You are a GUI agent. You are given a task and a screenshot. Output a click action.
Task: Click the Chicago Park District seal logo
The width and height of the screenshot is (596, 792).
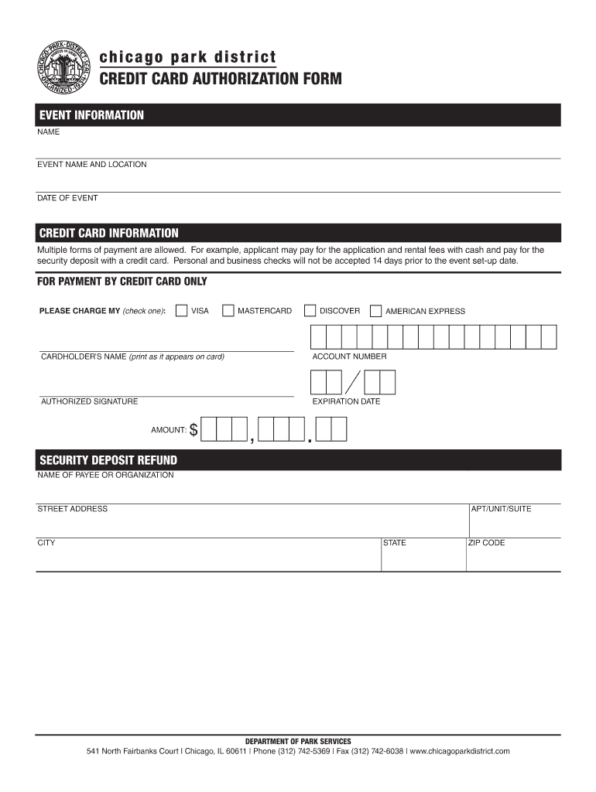tap(65, 68)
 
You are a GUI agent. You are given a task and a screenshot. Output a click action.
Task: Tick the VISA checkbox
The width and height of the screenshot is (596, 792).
tap(181, 311)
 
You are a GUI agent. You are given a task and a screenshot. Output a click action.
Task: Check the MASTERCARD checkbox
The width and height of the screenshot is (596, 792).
tap(228, 311)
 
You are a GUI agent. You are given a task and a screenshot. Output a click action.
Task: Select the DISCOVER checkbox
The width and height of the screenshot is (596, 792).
tap(310, 311)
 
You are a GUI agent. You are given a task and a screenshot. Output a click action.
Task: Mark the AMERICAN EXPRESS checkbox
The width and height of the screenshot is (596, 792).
tap(375, 311)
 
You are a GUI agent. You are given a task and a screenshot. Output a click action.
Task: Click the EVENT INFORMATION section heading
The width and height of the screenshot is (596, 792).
tap(92, 115)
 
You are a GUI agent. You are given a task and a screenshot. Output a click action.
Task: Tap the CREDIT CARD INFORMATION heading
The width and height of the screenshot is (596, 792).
tap(109, 233)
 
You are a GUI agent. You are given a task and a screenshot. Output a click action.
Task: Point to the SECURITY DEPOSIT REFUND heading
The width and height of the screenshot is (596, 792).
tap(108, 460)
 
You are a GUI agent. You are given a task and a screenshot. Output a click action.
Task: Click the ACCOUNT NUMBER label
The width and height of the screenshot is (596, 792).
tap(349, 357)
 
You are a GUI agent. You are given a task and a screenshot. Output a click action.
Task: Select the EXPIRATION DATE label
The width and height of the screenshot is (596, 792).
tap(346, 401)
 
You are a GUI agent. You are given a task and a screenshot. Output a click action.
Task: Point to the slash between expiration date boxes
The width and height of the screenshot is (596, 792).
tap(353, 383)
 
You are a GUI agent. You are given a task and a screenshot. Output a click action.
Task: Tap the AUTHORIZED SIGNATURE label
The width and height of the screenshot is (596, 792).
tap(89, 401)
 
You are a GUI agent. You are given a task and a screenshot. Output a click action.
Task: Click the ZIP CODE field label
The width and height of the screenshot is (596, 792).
tap(487, 543)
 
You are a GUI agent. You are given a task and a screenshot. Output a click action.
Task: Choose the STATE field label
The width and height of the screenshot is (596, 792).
tap(395, 543)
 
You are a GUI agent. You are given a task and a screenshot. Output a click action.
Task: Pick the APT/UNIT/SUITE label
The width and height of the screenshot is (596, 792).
tap(502, 509)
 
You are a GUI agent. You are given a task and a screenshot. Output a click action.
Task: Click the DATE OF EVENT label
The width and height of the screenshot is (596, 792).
tap(68, 198)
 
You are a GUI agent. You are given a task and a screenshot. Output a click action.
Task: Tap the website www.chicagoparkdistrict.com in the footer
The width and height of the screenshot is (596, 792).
tap(460, 751)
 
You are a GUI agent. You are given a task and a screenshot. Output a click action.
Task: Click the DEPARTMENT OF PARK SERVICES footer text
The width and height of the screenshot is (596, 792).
tap(298, 741)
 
